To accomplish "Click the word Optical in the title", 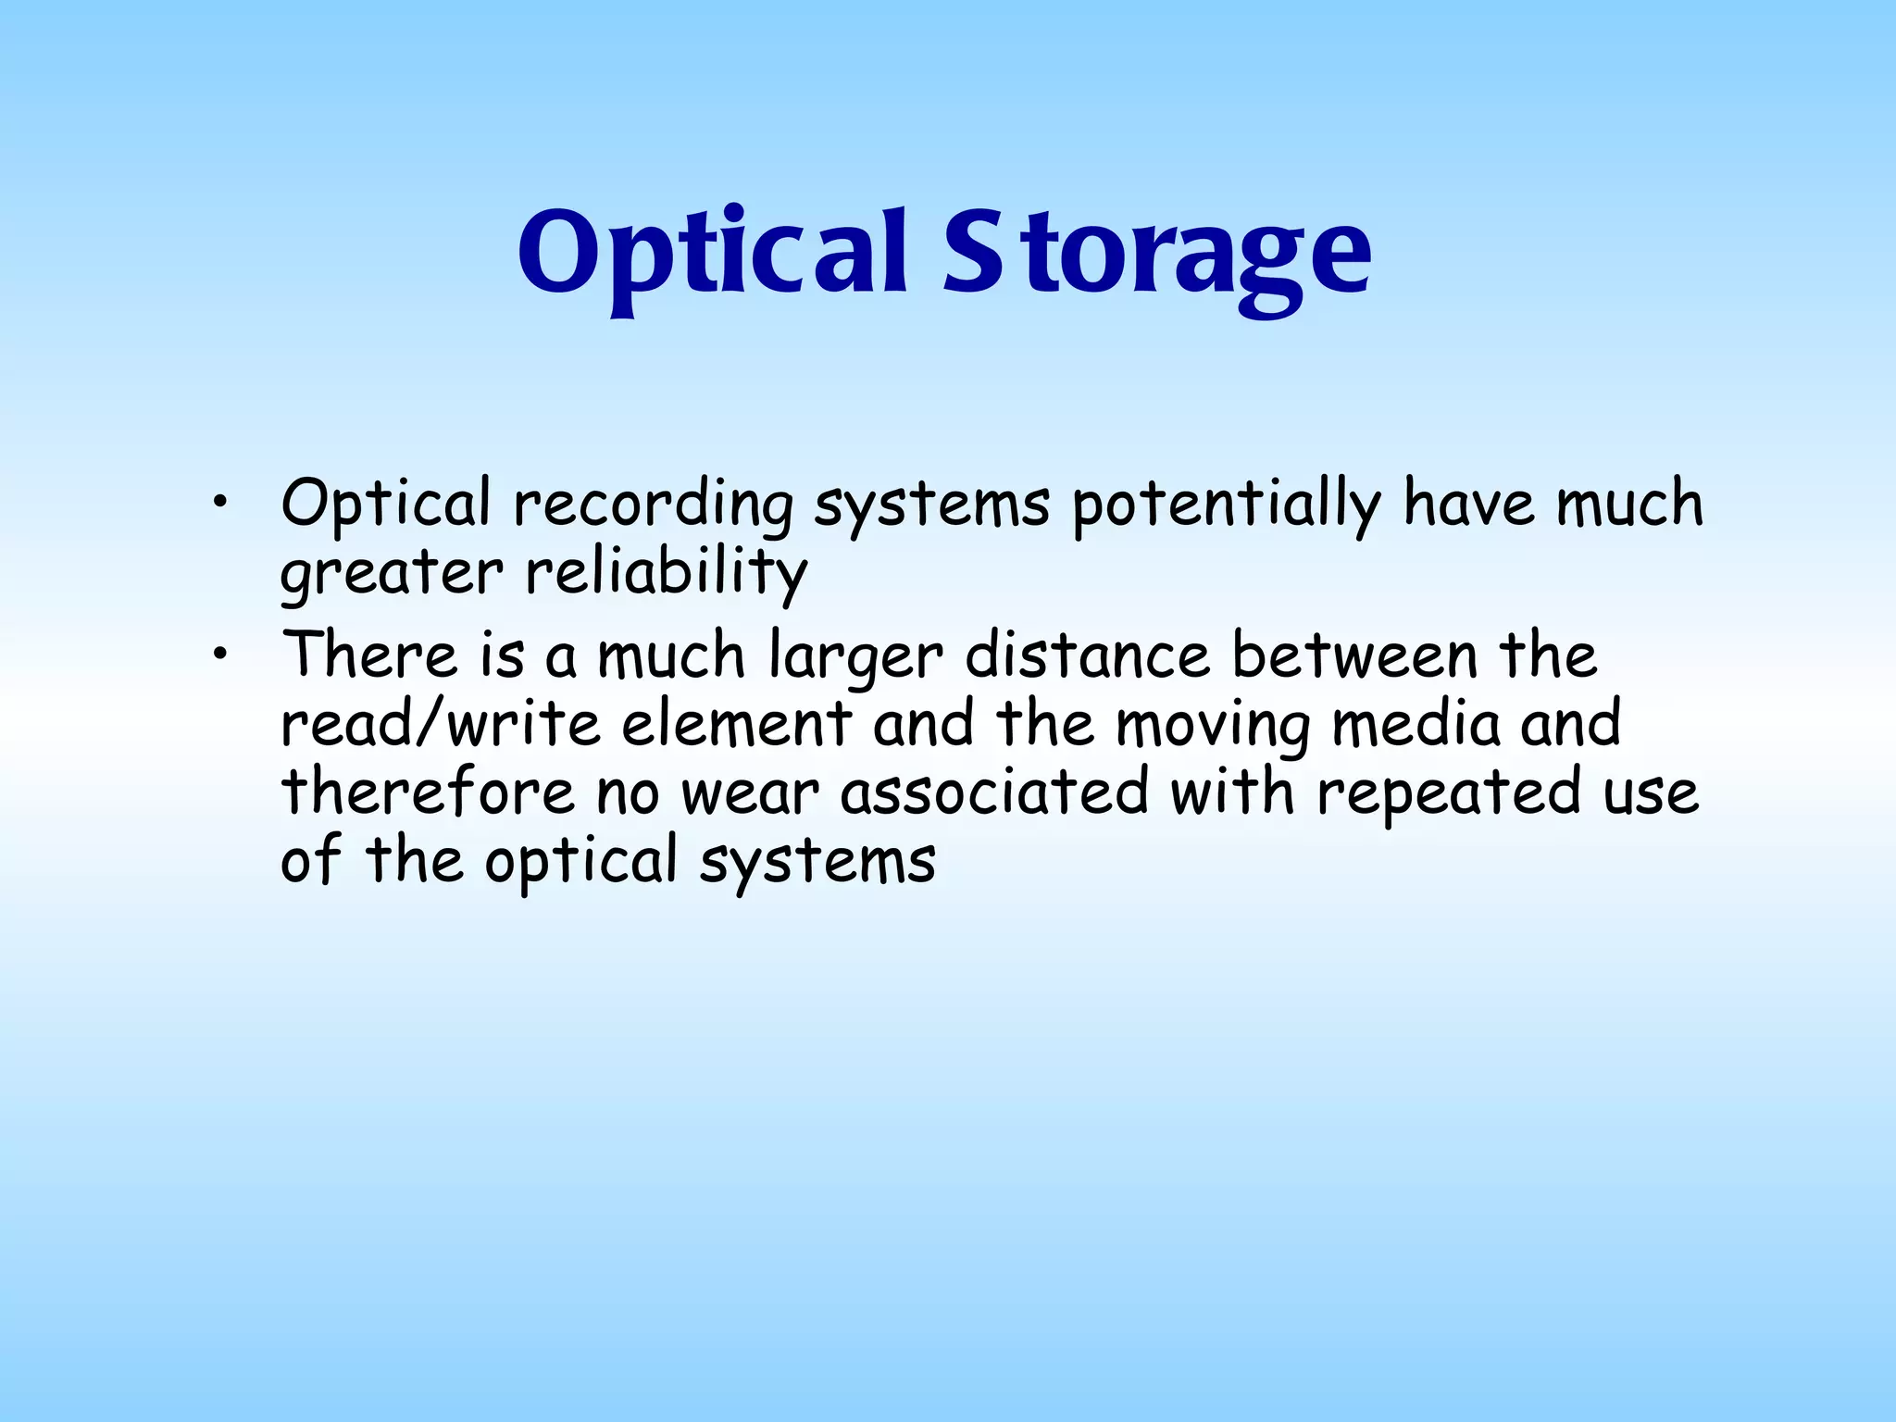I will point(711,252).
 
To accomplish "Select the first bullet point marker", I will point(218,504).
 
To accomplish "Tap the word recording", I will point(653,505).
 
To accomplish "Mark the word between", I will point(1353,655).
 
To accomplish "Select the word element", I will point(736,724).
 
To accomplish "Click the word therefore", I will point(428,792).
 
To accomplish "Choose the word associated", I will point(994,792).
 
